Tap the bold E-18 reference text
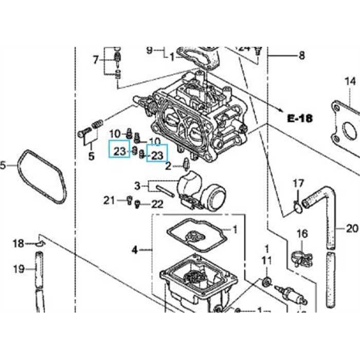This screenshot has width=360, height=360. coord(300,118)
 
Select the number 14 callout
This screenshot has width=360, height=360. coord(350,81)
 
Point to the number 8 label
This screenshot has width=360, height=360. coord(301,56)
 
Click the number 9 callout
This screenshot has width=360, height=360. coord(150,50)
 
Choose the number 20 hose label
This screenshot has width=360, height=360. coord(352,228)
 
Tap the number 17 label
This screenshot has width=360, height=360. coord(298,183)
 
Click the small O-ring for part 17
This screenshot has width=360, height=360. coord(296,207)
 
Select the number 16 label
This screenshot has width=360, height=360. coord(302,234)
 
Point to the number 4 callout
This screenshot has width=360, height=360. coord(135,250)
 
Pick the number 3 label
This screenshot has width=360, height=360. coord(137,185)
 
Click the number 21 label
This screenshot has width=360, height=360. coord(109,200)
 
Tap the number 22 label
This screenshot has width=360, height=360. coord(157,204)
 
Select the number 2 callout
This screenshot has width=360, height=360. coord(168,166)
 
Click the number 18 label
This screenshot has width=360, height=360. coord(18,243)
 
